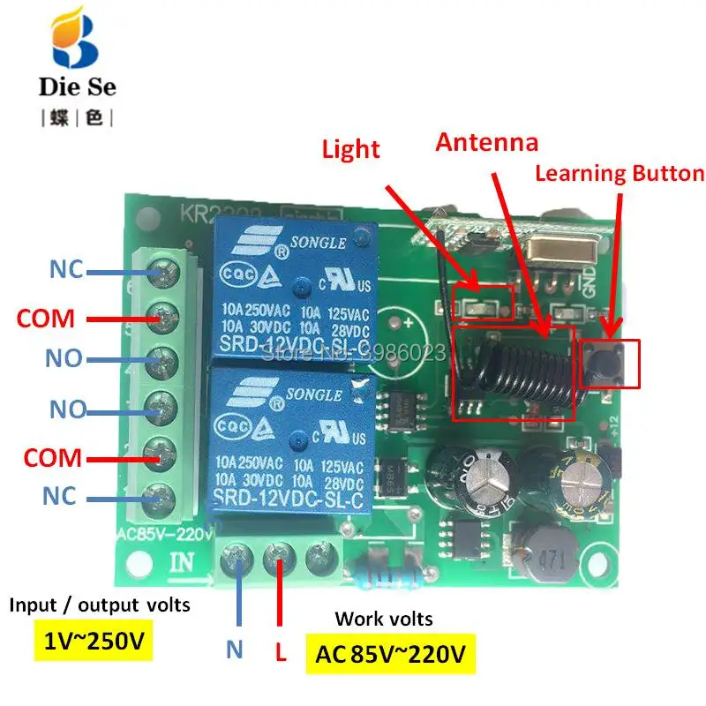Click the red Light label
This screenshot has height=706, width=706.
(x=350, y=148)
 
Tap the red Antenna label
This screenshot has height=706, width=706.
(x=486, y=142)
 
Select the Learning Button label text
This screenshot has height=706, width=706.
(x=620, y=174)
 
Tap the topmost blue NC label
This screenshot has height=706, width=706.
(x=65, y=270)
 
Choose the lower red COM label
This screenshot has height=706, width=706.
(x=52, y=458)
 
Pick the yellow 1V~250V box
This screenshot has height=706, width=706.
(x=92, y=642)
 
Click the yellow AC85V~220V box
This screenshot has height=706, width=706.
(x=389, y=655)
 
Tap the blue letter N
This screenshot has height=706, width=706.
(x=234, y=651)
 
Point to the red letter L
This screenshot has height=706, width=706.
(x=279, y=654)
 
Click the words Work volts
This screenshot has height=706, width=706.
(x=384, y=619)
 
